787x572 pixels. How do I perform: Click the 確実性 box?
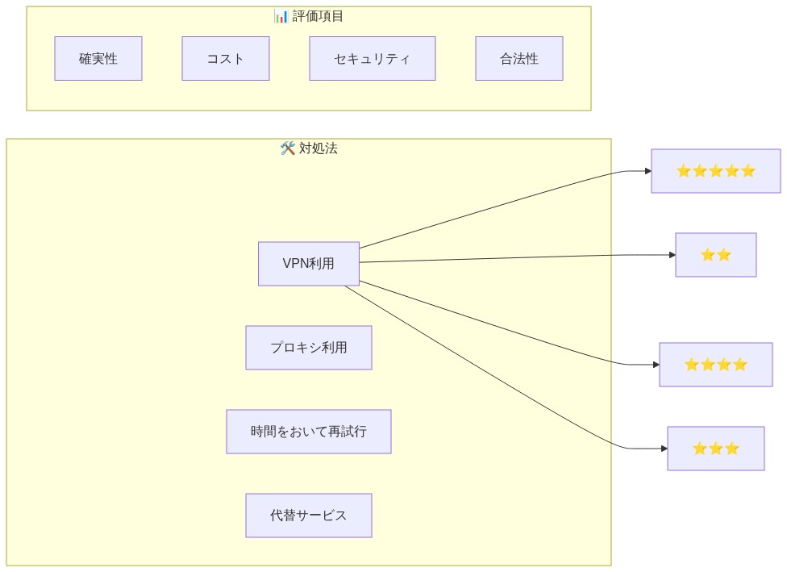tap(98, 59)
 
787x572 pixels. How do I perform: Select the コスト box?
tap(226, 59)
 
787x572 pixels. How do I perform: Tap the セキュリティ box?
tap(372, 59)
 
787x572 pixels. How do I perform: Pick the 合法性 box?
tap(518, 59)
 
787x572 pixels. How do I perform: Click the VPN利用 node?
tap(309, 264)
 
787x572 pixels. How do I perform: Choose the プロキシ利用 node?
tap(309, 348)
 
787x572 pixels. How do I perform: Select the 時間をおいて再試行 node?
tap(309, 432)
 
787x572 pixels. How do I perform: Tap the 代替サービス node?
tap(309, 516)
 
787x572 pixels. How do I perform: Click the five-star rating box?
tap(715, 171)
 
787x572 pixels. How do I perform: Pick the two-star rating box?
tap(715, 255)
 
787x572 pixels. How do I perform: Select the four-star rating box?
tap(715, 365)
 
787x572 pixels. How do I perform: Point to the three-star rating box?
tap(715, 449)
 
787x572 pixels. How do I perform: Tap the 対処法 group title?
tap(319, 148)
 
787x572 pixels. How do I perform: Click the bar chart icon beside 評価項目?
tap(281, 16)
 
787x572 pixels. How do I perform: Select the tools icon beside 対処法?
tap(288, 148)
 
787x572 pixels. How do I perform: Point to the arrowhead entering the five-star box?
tap(648, 171)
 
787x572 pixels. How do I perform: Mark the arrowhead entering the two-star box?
tap(672, 255)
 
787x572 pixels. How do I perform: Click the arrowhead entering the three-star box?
tap(664, 449)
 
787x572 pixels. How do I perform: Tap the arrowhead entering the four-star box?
tap(656, 365)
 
